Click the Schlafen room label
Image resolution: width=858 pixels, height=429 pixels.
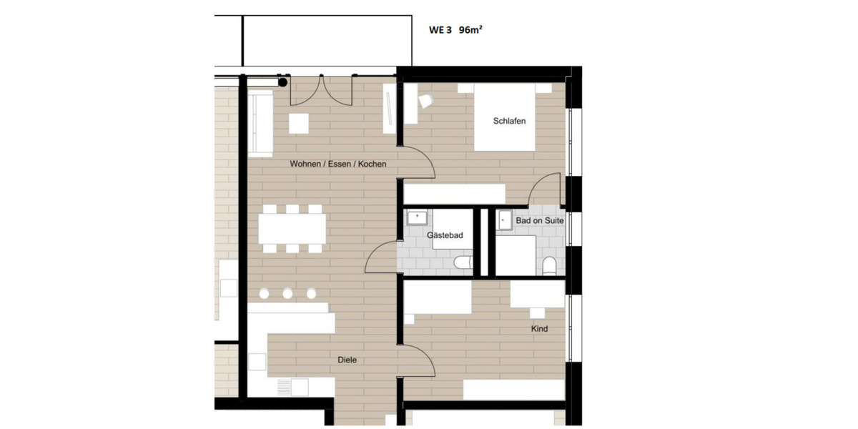click(x=509, y=121)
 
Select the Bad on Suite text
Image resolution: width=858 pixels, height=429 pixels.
click(x=540, y=221)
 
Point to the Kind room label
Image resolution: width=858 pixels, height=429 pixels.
click(x=539, y=329)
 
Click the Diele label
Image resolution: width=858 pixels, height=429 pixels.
click(x=347, y=360)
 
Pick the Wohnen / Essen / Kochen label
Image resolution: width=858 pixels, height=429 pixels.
click(x=337, y=164)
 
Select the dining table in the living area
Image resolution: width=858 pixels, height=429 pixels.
click(x=292, y=229)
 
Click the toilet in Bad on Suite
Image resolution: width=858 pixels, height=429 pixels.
click(x=549, y=267)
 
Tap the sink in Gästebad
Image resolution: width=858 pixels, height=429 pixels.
click(x=415, y=217)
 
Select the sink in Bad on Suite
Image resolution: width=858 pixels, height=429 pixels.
click(x=506, y=218)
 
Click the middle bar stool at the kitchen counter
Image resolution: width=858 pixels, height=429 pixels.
click(x=287, y=293)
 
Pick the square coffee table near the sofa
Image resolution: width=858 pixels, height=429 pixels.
click(x=299, y=123)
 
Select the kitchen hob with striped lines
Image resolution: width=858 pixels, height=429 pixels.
click(x=285, y=387)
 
